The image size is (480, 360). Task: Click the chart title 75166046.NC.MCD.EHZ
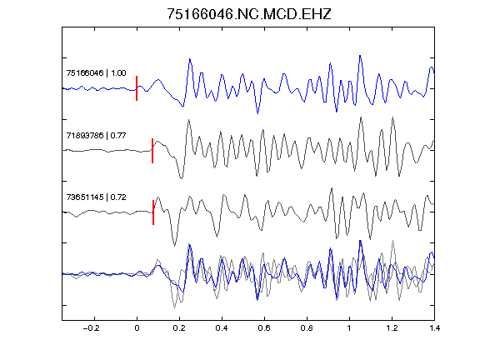(x=249, y=14)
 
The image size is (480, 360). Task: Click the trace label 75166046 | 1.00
(x=96, y=73)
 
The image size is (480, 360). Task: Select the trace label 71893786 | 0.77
(x=96, y=135)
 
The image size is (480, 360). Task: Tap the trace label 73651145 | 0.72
(x=96, y=197)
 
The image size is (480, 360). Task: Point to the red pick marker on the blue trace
(x=137, y=88)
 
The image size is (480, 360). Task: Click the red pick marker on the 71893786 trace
(x=152, y=151)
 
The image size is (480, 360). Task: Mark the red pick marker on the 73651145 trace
(x=153, y=212)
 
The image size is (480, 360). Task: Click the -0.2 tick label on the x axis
(x=92, y=328)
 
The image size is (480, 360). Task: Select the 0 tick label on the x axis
(x=137, y=328)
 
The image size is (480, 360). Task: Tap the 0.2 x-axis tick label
(x=179, y=328)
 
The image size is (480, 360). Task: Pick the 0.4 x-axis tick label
(x=222, y=328)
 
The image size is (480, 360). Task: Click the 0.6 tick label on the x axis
(x=264, y=328)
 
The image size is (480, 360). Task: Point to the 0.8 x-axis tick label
(x=307, y=328)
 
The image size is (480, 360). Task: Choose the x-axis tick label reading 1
(x=349, y=328)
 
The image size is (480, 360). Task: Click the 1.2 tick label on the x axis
(x=392, y=328)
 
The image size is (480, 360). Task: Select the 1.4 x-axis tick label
(x=434, y=328)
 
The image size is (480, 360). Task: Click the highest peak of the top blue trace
(x=360, y=55)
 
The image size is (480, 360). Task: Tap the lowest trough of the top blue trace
(x=257, y=113)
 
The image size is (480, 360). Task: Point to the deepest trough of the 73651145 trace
(x=175, y=246)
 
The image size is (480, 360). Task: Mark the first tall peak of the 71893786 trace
(x=188, y=120)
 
